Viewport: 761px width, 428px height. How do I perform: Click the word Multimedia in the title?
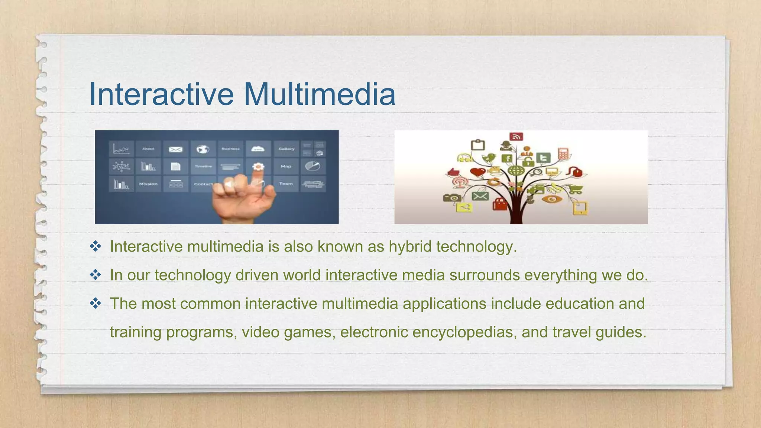[x=320, y=94]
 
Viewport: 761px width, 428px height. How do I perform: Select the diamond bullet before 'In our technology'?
[x=95, y=275]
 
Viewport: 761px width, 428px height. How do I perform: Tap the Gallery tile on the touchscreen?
[x=286, y=149]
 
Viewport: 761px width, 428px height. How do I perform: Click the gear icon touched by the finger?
[x=258, y=166]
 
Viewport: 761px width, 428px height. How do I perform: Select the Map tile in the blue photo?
[x=286, y=166]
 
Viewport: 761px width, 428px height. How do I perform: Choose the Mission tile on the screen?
[x=148, y=184]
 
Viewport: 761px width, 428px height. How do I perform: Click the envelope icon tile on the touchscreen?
[x=175, y=149]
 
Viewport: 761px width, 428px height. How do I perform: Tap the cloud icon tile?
[x=258, y=149]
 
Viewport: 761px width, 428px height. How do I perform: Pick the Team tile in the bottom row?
[x=286, y=184]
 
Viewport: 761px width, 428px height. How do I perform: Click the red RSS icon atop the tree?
[x=516, y=137]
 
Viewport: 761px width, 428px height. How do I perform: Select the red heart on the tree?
[x=477, y=172]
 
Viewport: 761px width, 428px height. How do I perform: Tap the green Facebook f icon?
[x=507, y=159]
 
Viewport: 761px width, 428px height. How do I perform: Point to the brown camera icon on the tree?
[x=452, y=197]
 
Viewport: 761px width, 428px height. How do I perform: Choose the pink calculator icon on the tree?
[x=563, y=153]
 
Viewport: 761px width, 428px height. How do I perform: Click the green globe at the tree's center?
[x=516, y=171]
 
